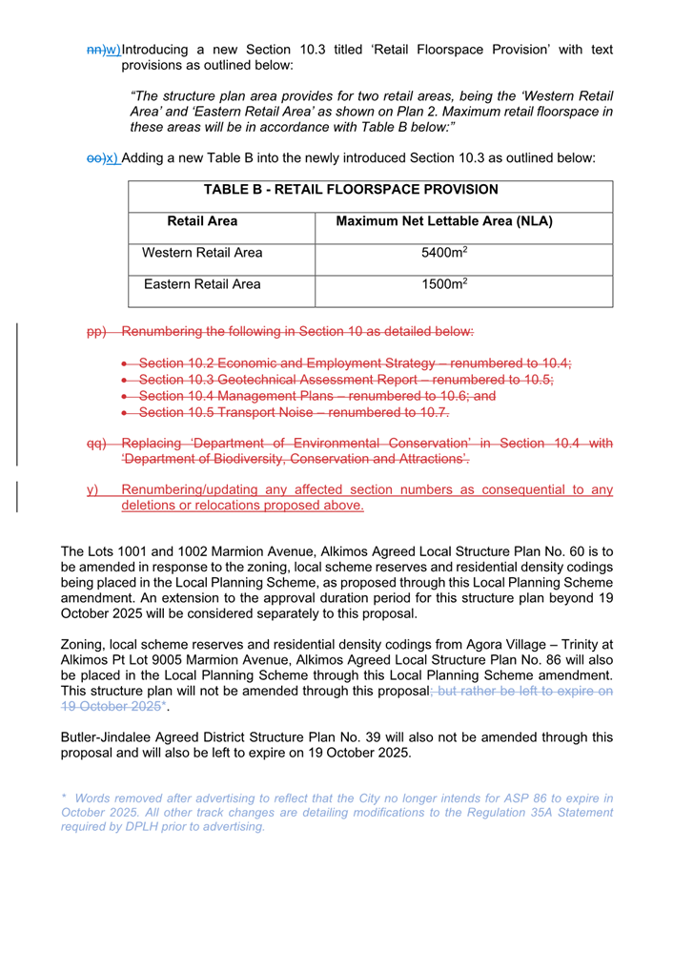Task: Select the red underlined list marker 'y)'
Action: pyautogui.click(x=92, y=489)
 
